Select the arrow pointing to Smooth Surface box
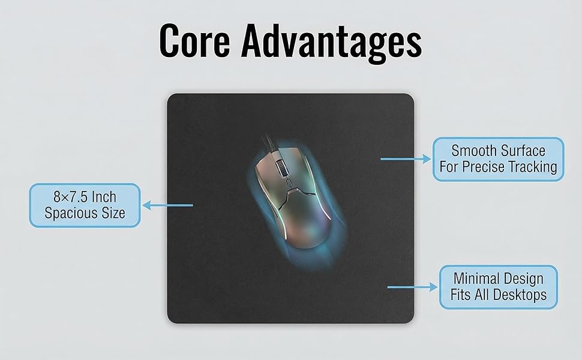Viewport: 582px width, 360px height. point(406,159)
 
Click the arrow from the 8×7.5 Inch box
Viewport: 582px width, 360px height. point(167,205)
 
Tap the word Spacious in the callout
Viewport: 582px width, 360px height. point(67,214)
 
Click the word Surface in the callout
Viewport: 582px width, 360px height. point(523,150)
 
